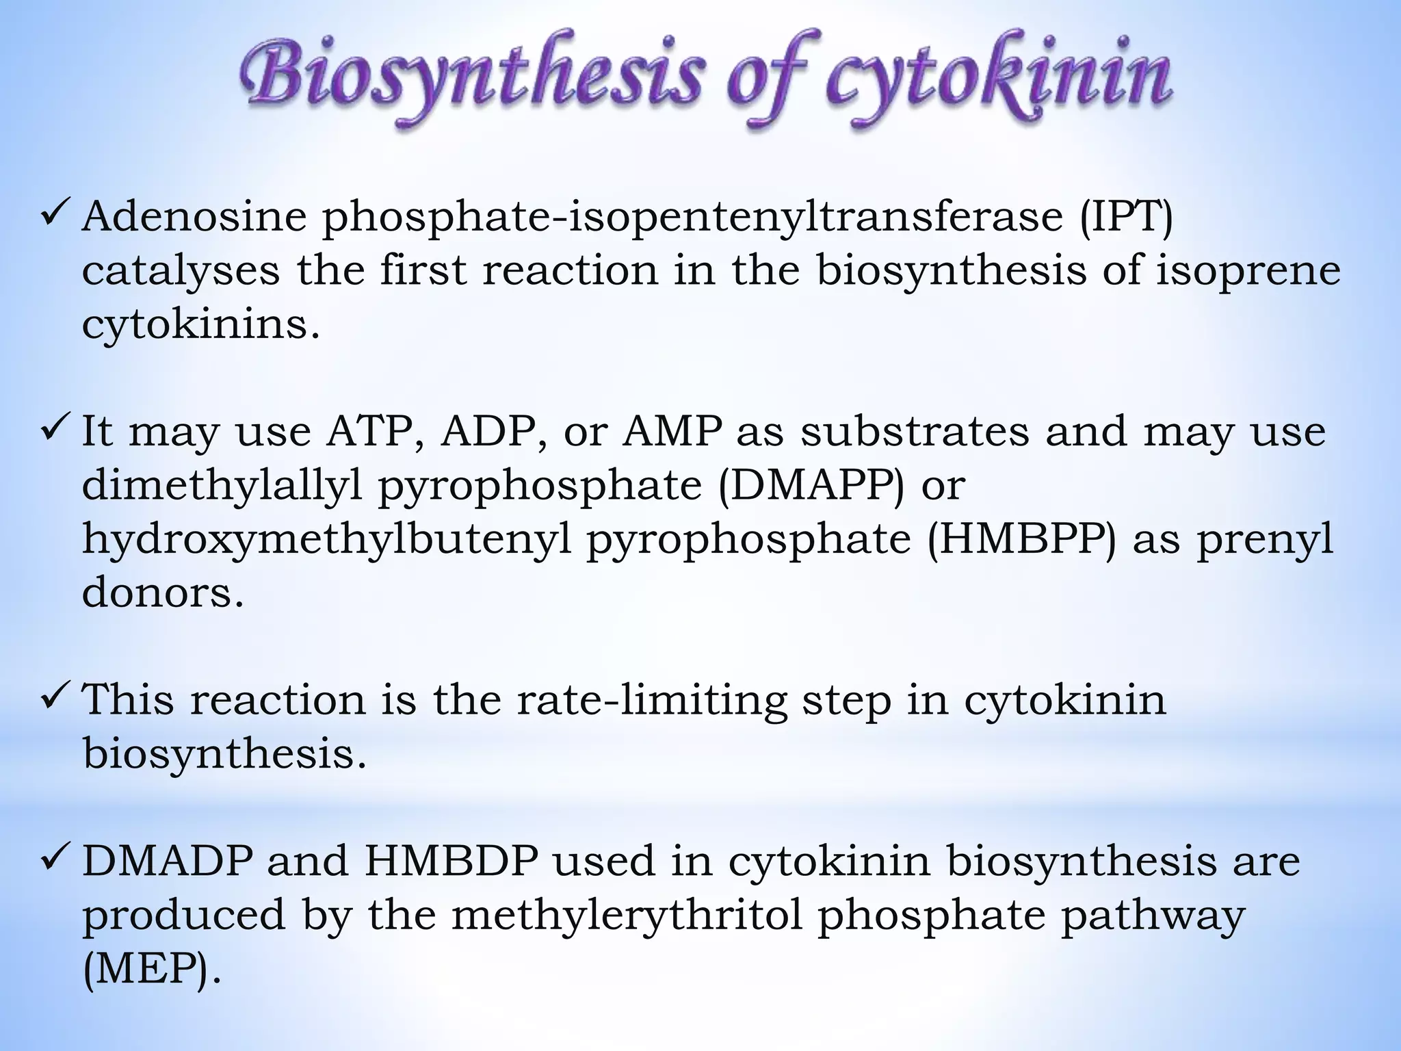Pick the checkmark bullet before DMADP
tap(53, 859)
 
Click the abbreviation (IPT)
tap(1127, 218)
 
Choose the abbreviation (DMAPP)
tap(811, 486)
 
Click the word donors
tap(163, 593)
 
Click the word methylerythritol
tap(627, 916)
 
